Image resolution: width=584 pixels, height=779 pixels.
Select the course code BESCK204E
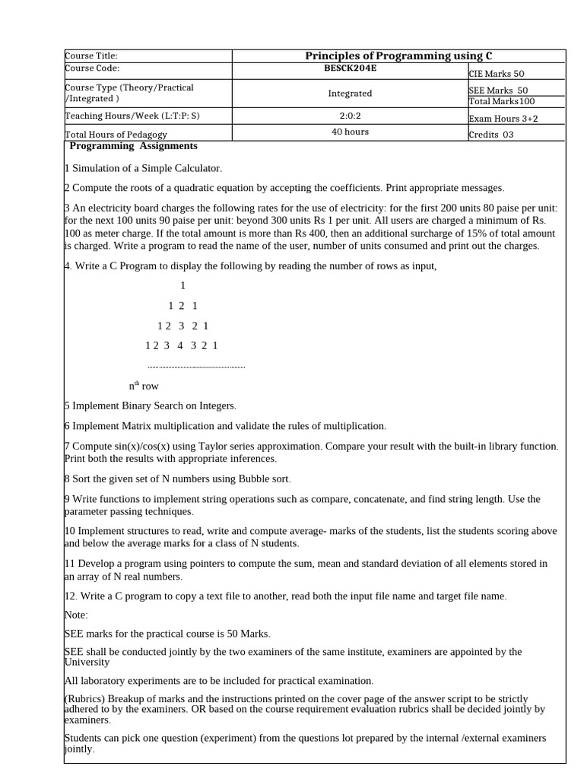point(350,67)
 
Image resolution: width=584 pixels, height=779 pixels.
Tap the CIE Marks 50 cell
point(497,74)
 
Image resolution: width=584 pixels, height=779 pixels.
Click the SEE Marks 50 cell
point(498,90)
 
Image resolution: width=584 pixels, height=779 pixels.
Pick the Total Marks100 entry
point(502,100)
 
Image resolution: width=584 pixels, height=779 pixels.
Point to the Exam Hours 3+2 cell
point(503,118)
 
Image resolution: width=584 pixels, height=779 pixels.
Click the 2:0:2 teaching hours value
point(350,116)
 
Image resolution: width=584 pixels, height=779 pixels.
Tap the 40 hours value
point(350,132)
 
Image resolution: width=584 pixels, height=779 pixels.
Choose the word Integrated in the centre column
point(350,93)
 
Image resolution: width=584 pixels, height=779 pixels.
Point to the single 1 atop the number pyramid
point(182,286)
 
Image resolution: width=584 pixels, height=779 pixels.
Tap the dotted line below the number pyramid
point(196,367)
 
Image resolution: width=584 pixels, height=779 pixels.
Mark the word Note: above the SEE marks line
point(76,614)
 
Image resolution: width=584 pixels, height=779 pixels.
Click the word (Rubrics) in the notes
point(84,698)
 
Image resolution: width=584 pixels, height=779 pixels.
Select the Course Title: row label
point(91,56)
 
